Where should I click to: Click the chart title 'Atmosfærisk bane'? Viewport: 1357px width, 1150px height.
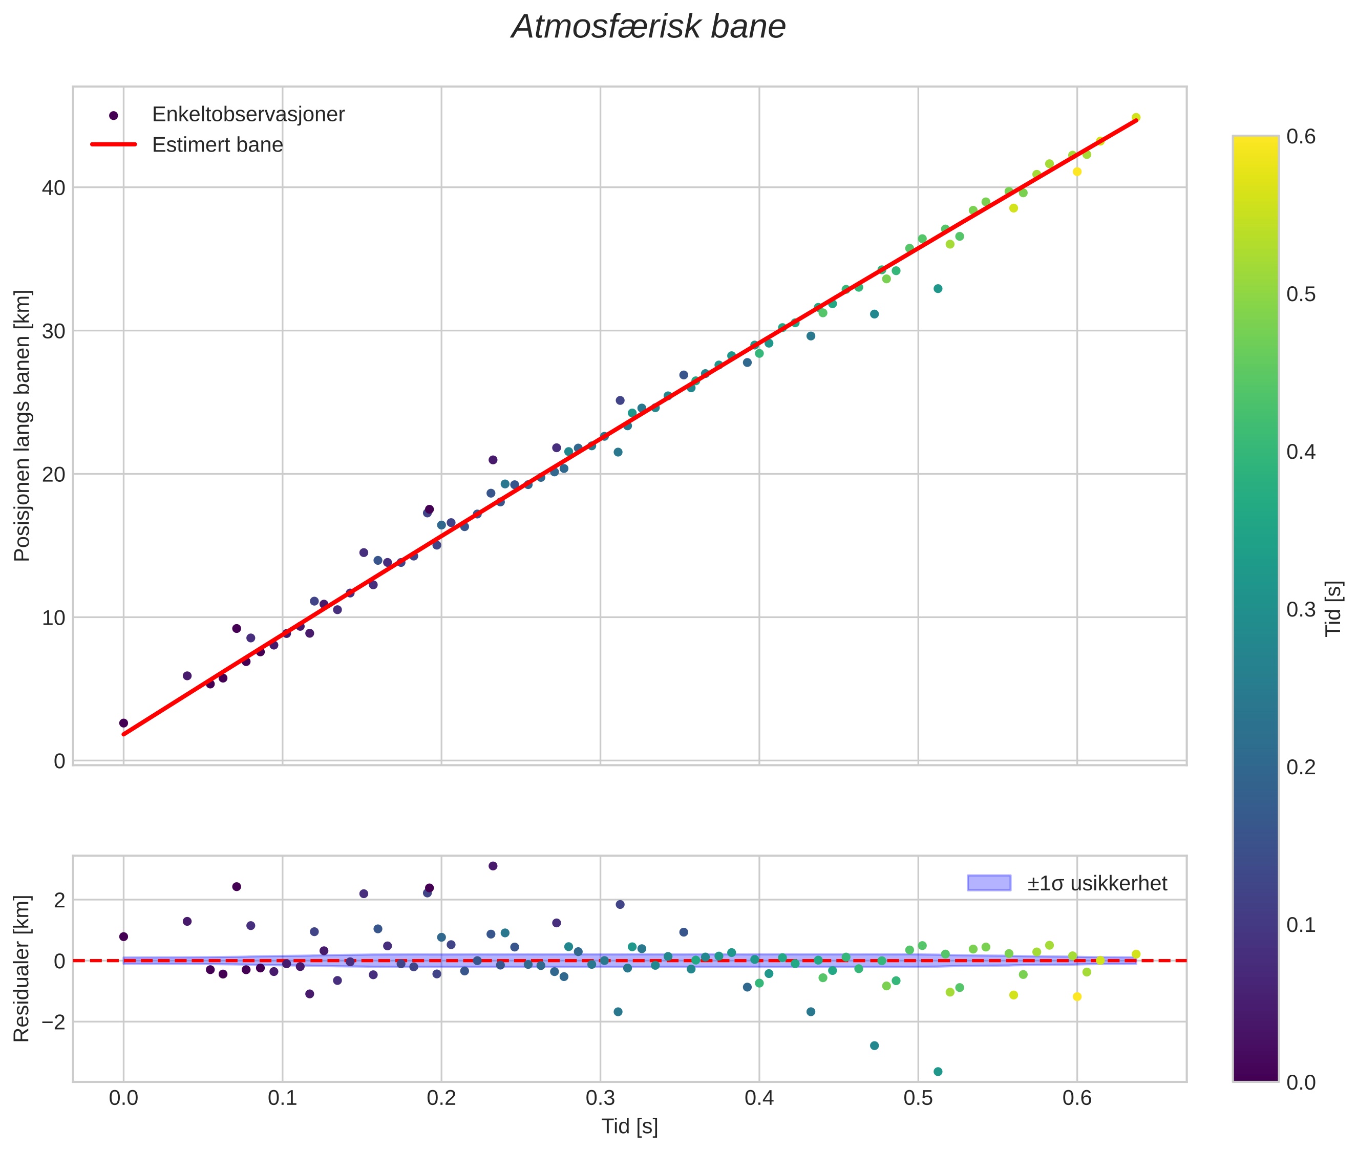tap(648, 27)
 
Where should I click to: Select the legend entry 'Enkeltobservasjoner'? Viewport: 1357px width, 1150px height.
tap(248, 115)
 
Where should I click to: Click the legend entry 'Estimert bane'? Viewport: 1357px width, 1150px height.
tap(217, 145)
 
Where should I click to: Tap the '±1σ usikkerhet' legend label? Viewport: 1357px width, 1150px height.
tap(1097, 883)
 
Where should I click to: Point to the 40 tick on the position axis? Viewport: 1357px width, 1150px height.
tap(54, 188)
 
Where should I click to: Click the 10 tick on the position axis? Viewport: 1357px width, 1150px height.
tap(54, 617)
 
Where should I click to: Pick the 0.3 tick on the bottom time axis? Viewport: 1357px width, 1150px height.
tap(600, 1098)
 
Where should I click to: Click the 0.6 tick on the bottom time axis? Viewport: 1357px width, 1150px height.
tap(1076, 1098)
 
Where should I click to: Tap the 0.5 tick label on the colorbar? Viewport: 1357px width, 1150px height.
tap(1301, 294)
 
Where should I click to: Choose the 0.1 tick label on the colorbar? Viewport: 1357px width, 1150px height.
tap(1301, 924)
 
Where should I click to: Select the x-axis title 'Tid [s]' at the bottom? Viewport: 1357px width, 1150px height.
tap(629, 1126)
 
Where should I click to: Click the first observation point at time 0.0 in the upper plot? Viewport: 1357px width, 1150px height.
tap(124, 723)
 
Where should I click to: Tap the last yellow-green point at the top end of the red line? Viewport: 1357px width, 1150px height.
tap(1136, 117)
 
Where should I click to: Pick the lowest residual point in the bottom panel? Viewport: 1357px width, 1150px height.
tap(938, 1071)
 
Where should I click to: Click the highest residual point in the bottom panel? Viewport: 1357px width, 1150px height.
tap(493, 866)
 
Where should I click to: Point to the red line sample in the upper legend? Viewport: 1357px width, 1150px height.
tap(114, 145)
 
